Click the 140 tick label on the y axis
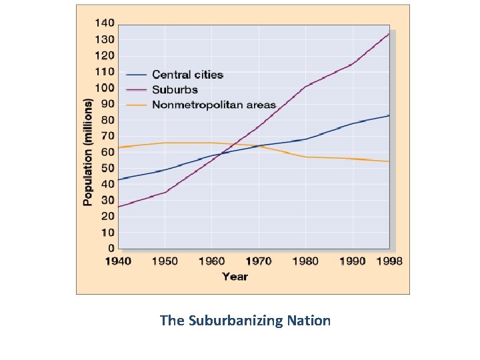click(105, 23)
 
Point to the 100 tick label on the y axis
click(105, 88)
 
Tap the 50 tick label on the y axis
click(107, 168)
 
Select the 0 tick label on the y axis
click(111, 249)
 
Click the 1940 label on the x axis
click(118, 261)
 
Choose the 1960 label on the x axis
click(211, 261)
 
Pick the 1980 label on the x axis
click(305, 261)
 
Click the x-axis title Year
click(235, 276)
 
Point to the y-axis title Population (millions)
click(88, 152)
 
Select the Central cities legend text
click(187, 75)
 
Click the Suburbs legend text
click(175, 89)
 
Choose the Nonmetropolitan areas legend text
click(213, 105)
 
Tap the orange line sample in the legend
click(137, 105)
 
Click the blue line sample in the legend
click(137, 75)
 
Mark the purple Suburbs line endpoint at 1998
click(389, 33)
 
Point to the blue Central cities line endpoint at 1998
click(389, 115)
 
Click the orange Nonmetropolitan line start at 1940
click(119, 147)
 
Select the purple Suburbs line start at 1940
click(119, 207)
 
